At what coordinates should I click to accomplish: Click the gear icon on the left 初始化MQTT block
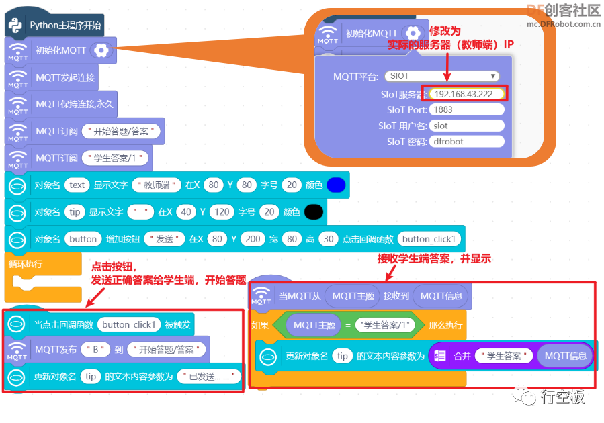click(101, 50)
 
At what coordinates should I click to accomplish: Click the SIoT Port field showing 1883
click(467, 109)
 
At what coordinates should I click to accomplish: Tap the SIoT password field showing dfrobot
click(467, 141)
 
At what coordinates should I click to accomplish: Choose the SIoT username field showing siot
click(467, 126)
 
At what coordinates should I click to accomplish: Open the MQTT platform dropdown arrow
click(492, 76)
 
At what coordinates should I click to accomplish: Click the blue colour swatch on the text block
click(336, 185)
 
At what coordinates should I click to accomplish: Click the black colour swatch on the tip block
click(314, 212)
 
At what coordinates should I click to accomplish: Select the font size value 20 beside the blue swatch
click(292, 185)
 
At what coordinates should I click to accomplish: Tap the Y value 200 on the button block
click(253, 239)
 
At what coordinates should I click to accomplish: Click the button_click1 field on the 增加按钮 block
click(429, 239)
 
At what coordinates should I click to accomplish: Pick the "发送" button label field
click(165, 239)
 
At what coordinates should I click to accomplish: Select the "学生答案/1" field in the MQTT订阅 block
click(115, 158)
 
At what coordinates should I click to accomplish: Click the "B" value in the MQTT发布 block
click(95, 350)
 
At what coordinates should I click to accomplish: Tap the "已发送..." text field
click(209, 377)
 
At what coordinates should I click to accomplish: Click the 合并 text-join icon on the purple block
click(440, 356)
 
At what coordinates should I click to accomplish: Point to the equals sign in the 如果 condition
click(348, 326)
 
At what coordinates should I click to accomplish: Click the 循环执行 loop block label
click(26, 264)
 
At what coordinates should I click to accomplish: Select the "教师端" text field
click(157, 185)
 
